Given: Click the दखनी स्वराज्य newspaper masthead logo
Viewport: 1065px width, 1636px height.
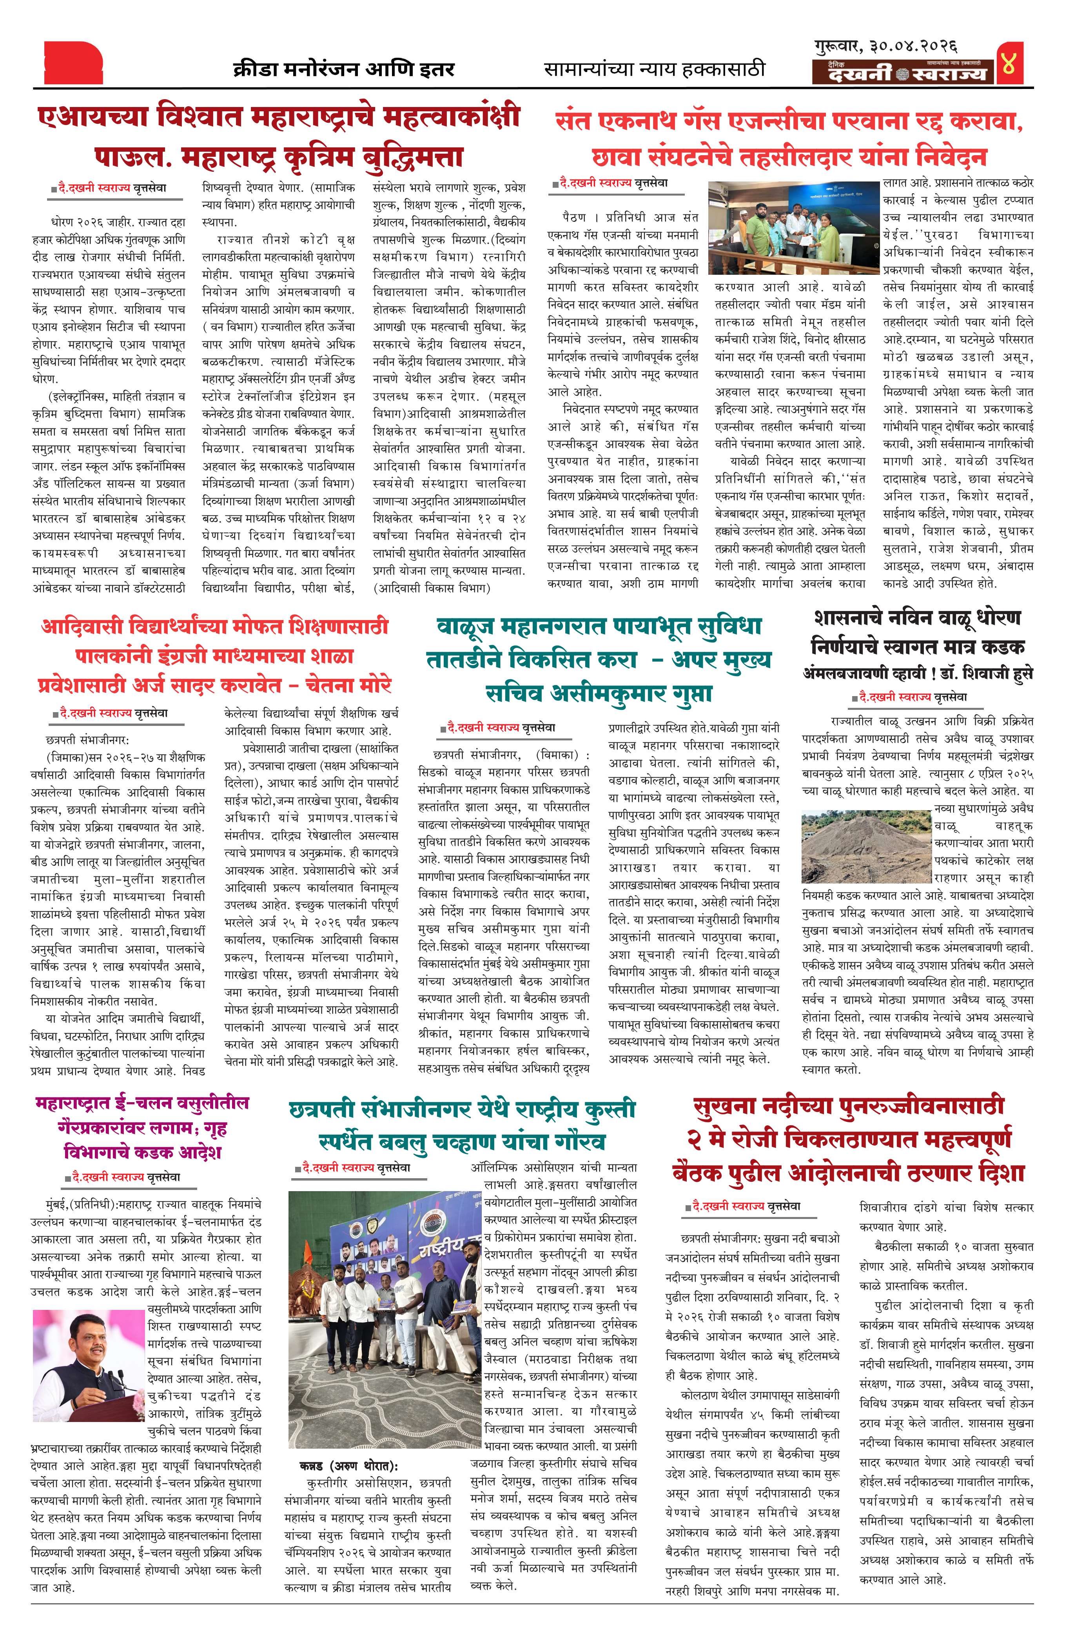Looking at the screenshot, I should point(902,73).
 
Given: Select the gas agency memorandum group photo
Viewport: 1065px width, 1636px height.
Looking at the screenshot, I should point(793,228).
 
